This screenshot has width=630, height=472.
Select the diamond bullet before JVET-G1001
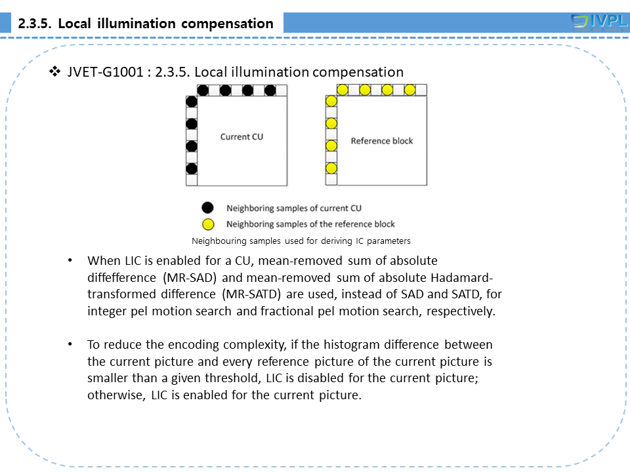pos(55,71)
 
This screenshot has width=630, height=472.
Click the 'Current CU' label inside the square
pos(241,137)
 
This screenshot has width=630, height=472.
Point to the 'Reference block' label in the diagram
pos(382,141)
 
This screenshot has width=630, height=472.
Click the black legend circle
pos(207,208)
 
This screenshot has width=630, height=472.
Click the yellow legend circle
pos(207,224)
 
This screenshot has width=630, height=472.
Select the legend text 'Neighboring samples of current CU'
pos(294,208)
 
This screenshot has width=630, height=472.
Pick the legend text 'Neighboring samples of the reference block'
pos(311,224)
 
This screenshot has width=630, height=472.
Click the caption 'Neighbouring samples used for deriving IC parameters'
pos(301,241)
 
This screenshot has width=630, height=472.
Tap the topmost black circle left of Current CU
pos(192,102)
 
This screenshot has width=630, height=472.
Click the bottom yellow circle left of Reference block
pos(331,168)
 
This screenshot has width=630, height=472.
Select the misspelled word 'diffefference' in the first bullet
pos(121,277)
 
